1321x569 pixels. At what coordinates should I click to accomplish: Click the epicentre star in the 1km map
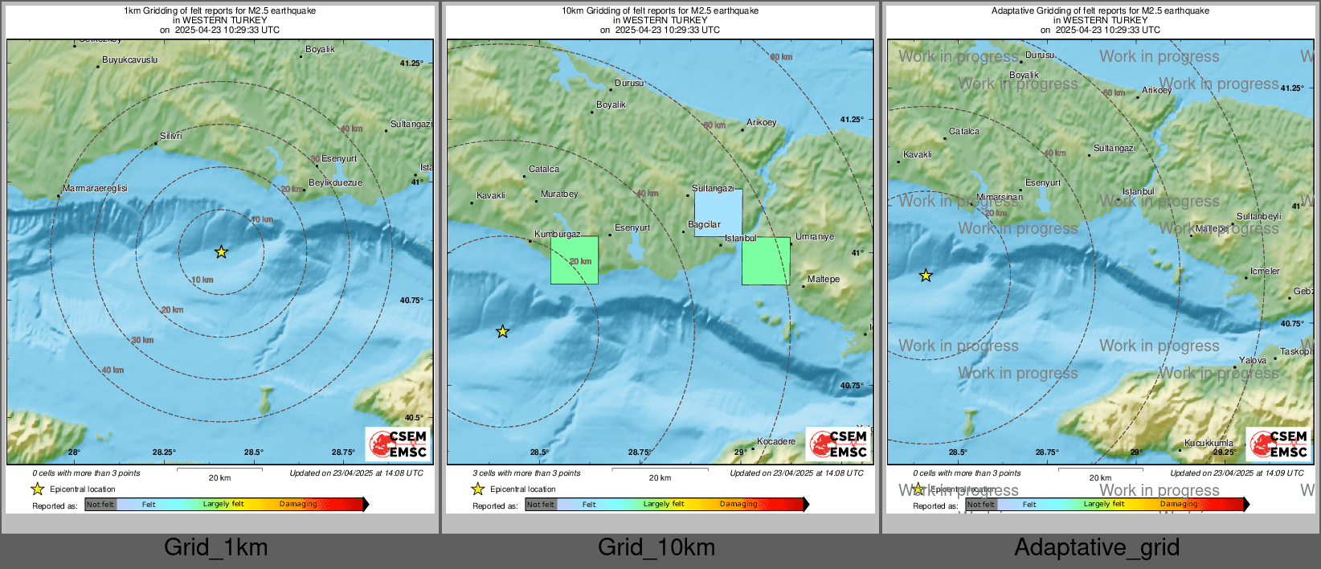click(221, 252)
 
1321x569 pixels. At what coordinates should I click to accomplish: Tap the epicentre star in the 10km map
click(502, 331)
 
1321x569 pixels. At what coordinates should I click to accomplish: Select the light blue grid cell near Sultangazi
click(718, 213)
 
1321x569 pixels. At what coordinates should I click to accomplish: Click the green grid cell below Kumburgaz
click(575, 260)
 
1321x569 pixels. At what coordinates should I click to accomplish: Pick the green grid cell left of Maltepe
click(765, 261)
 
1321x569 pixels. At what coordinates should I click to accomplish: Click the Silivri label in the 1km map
click(171, 137)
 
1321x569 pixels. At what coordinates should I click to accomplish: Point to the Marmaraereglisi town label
click(96, 188)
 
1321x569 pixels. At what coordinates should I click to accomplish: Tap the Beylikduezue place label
click(336, 182)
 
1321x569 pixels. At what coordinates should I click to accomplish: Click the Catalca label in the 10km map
click(544, 170)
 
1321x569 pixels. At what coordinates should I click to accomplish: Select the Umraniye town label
click(815, 237)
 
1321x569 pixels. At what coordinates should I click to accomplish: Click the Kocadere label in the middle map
click(776, 441)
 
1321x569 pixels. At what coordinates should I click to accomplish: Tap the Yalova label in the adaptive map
click(1253, 360)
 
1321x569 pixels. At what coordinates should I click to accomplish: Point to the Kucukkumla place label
click(1209, 443)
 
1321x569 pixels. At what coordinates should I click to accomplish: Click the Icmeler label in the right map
click(1265, 272)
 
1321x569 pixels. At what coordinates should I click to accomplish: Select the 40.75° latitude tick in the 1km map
click(411, 301)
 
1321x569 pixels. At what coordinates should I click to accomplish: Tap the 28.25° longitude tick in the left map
click(164, 452)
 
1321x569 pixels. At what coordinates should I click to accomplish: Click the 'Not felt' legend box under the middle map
click(541, 505)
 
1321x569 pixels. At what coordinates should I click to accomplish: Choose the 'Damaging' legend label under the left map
click(298, 504)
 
